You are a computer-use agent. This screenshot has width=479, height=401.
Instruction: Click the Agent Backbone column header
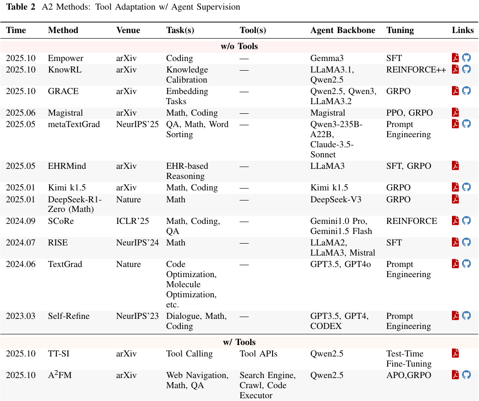[x=342, y=30]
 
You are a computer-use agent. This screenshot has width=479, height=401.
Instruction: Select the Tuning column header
[x=400, y=30]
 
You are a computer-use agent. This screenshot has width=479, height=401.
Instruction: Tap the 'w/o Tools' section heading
[x=239, y=46]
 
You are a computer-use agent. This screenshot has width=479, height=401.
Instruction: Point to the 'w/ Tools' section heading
[x=239, y=342]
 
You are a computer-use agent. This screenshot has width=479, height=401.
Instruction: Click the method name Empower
[x=66, y=58]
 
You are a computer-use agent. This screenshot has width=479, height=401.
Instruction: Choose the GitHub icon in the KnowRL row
[x=467, y=69]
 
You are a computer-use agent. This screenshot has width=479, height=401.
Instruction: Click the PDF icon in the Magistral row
[x=455, y=112]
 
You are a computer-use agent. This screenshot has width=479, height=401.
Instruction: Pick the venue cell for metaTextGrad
[x=137, y=124]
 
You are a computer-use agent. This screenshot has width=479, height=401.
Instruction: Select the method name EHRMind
[x=67, y=166]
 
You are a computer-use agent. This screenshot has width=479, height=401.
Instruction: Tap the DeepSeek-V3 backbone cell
[x=334, y=200]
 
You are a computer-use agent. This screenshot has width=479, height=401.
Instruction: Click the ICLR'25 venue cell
[x=133, y=221]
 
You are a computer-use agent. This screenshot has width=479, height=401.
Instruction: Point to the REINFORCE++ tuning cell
[x=416, y=70]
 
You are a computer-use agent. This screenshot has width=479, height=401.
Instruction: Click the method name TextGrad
[x=65, y=264]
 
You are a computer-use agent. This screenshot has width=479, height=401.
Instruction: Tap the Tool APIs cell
[x=258, y=354]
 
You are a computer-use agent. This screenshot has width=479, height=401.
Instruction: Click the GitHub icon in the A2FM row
[x=467, y=375]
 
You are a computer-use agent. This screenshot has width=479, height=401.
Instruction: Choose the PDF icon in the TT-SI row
[x=455, y=353]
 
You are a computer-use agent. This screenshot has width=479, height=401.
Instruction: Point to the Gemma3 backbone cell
[x=327, y=58]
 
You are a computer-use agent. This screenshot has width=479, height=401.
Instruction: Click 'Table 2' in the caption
[x=21, y=7]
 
